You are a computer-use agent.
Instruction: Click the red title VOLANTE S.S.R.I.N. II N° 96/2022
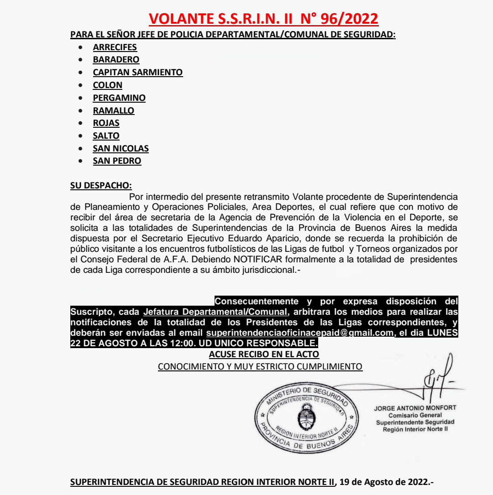pos(263,19)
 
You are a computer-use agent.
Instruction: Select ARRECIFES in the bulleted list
pos(115,47)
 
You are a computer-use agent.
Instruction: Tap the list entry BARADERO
pos(116,60)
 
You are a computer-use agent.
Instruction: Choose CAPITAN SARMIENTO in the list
pos(137,72)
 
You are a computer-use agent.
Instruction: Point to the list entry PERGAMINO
pos(119,98)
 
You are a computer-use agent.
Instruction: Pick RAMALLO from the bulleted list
pos(113,110)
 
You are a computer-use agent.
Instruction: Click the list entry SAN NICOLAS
pos(121,148)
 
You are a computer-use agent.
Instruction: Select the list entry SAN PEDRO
pos(117,161)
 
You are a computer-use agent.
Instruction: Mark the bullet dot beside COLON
pos(81,85)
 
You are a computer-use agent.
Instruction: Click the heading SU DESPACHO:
pos(101,185)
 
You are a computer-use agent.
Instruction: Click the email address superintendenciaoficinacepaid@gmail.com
pos(300,333)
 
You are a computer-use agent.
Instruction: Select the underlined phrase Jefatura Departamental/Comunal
pos(215,312)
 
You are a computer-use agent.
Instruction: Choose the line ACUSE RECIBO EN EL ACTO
pos(264,354)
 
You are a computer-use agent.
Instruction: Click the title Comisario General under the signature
pos(415,415)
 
